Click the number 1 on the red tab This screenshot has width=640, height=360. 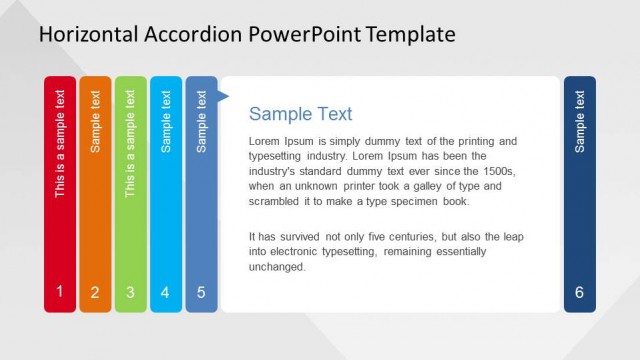pyautogui.click(x=60, y=292)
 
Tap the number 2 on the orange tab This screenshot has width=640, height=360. pyautogui.click(x=95, y=293)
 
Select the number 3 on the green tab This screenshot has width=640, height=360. pyautogui.click(x=130, y=293)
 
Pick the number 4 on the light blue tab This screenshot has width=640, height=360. pyautogui.click(x=165, y=293)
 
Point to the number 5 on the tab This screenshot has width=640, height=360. pyautogui.click(x=201, y=293)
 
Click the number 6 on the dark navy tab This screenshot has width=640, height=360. pyautogui.click(x=580, y=293)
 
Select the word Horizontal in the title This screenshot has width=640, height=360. pyautogui.click(x=86, y=35)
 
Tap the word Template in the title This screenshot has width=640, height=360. pyautogui.click(x=410, y=35)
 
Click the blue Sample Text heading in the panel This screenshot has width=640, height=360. pyautogui.click(x=300, y=114)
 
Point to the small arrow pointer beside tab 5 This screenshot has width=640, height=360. pyautogui.click(x=223, y=97)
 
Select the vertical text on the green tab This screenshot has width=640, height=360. pyautogui.click(x=130, y=143)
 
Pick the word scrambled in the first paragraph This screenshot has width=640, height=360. pyautogui.click(x=276, y=201)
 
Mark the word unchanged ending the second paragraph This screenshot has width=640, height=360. pyautogui.click(x=277, y=267)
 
